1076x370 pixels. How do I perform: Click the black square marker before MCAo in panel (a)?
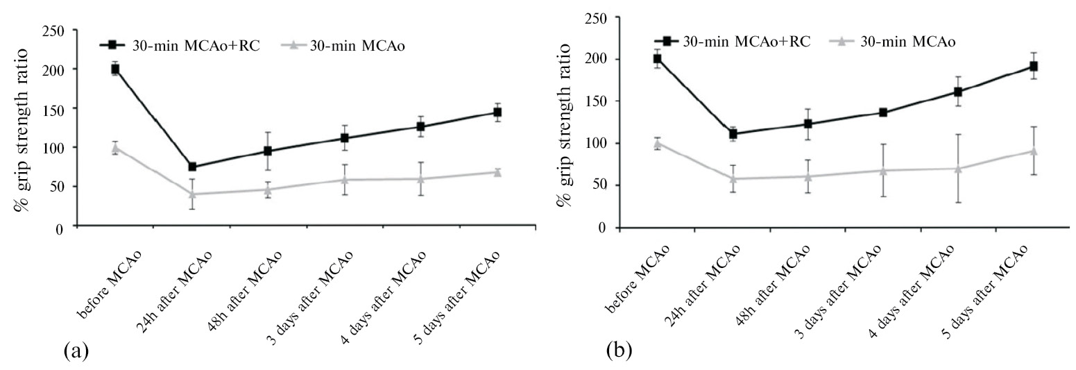tap(115, 69)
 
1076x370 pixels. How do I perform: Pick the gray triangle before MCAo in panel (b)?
tap(656, 143)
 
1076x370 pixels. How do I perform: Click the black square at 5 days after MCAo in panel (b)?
tap(1033, 66)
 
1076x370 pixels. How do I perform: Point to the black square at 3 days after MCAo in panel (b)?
tap(883, 112)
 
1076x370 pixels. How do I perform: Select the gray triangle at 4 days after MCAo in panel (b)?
tap(958, 168)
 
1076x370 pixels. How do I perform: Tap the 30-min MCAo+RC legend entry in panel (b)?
tap(735, 42)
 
